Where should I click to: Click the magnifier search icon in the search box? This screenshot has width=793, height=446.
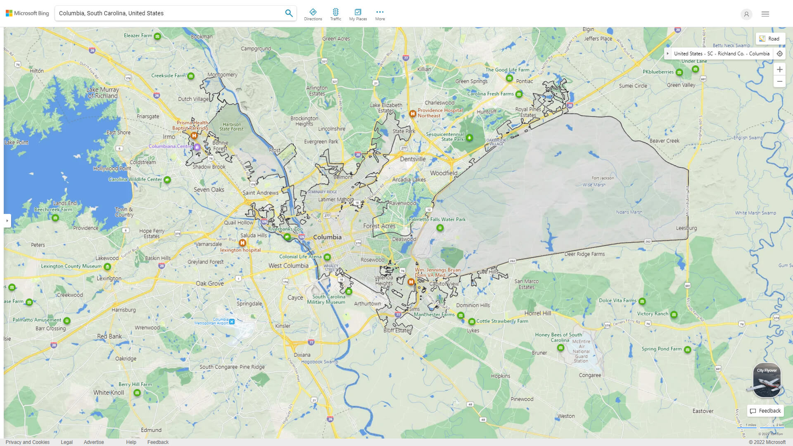tap(289, 13)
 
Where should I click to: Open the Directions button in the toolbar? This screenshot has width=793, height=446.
tap(313, 14)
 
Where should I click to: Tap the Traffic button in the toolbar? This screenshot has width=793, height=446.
tap(335, 14)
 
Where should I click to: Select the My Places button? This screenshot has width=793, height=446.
tap(358, 14)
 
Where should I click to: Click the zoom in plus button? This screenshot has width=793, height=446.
tap(779, 69)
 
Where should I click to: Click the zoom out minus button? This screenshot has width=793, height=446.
tap(779, 81)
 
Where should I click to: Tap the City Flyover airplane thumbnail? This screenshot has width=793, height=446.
tap(767, 381)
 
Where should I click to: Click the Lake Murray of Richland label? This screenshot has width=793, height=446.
tap(102, 93)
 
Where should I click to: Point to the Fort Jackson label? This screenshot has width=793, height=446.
tap(603, 178)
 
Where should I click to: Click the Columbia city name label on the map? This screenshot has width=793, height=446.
tap(327, 237)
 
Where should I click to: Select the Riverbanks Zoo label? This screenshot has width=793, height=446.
tap(285, 229)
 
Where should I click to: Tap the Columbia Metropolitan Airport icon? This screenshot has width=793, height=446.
tap(232, 321)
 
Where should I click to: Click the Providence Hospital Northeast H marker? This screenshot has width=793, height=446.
tap(412, 113)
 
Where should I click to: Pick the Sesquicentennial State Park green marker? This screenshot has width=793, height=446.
tap(469, 138)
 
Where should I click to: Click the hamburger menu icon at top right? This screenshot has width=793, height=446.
tap(765, 14)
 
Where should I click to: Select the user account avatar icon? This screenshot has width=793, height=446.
tap(746, 14)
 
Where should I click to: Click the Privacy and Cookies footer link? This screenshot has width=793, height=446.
tap(27, 442)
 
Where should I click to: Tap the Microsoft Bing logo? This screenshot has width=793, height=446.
tap(27, 13)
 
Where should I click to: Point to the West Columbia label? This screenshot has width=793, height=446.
tap(288, 266)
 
